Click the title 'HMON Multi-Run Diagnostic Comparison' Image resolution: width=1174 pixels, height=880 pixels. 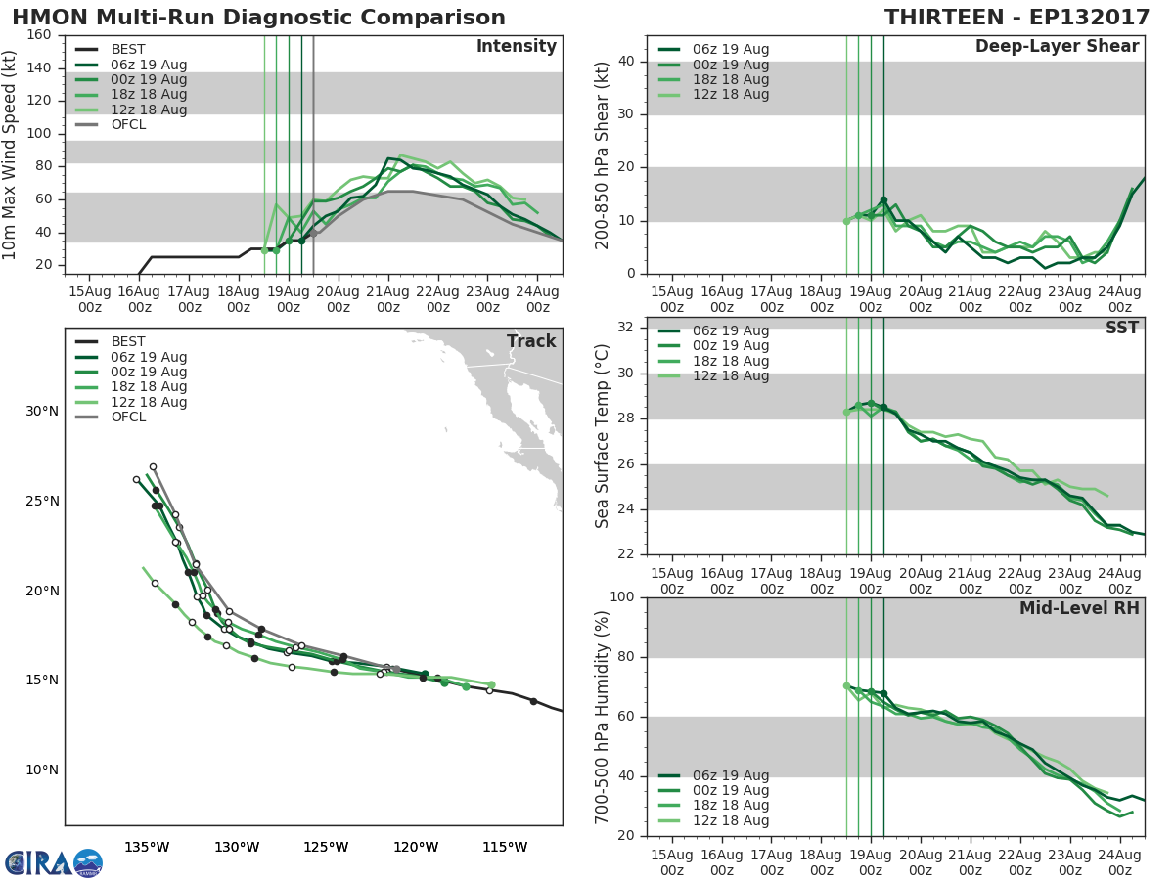pyautogui.click(x=258, y=18)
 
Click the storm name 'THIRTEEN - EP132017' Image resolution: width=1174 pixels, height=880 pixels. pyautogui.click(x=1016, y=18)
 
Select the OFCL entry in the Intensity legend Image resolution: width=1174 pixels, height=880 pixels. pyautogui.click(x=128, y=124)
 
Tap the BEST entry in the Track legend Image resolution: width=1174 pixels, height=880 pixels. pyautogui.click(x=128, y=341)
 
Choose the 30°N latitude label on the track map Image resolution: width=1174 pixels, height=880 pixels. pyautogui.click(x=42, y=411)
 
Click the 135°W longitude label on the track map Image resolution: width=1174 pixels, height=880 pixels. pyautogui.click(x=147, y=847)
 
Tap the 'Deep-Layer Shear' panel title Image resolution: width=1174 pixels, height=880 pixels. pyautogui.click(x=1057, y=47)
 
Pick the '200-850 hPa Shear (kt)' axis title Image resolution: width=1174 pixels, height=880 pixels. pyautogui.click(x=603, y=154)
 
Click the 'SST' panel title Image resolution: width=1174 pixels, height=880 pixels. pyautogui.click(x=1121, y=328)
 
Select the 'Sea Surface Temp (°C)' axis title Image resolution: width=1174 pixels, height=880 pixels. pyautogui.click(x=603, y=436)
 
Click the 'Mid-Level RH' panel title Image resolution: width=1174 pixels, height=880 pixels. pyautogui.click(x=1078, y=608)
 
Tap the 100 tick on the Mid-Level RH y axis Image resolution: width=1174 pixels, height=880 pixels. pyautogui.click(x=624, y=597)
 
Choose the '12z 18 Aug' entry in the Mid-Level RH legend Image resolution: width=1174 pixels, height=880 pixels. pyautogui.click(x=730, y=820)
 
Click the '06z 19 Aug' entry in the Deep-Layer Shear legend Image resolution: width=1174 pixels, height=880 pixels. pyautogui.click(x=730, y=49)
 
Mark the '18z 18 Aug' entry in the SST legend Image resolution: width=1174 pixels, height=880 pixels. pyautogui.click(x=730, y=361)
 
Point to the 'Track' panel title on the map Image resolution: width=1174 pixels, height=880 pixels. pyautogui.click(x=531, y=341)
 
